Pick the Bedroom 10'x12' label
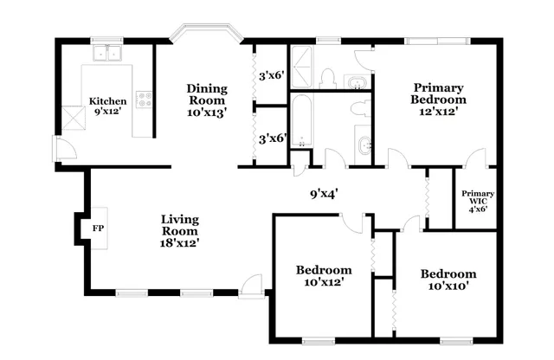click(x=324, y=275)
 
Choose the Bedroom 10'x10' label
click(x=448, y=280)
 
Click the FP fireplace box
click(x=97, y=228)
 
